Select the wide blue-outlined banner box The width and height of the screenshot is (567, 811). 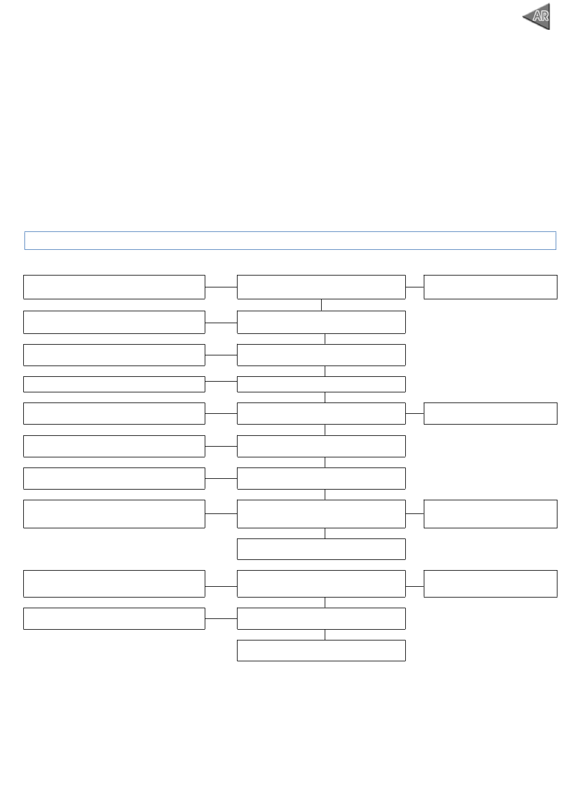click(x=290, y=240)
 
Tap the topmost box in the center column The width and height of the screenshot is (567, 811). click(x=321, y=287)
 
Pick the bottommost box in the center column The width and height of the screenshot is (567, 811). click(x=321, y=651)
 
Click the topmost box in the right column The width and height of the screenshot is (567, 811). click(x=490, y=287)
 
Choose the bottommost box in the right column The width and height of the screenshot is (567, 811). click(x=490, y=583)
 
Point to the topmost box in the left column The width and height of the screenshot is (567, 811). click(x=114, y=287)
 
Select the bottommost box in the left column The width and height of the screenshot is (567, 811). click(x=114, y=618)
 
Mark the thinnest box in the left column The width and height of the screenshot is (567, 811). click(x=114, y=384)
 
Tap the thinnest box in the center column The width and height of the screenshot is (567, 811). click(x=321, y=384)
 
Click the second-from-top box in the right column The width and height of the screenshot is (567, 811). click(x=490, y=413)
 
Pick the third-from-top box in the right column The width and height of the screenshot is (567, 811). click(x=490, y=513)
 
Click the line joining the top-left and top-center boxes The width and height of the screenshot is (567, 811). click(x=221, y=287)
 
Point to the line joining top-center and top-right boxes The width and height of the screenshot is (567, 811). click(x=415, y=287)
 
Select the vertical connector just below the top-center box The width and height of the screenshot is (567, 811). click(x=322, y=305)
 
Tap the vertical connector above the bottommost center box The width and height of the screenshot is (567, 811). click(x=325, y=634)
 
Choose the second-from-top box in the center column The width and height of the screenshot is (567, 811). click(x=321, y=322)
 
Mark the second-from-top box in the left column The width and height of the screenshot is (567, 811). click(x=114, y=322)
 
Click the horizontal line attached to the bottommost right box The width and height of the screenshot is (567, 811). click(x=415, y=586)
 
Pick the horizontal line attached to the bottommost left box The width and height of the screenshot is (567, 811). click(x=221, y=618)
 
